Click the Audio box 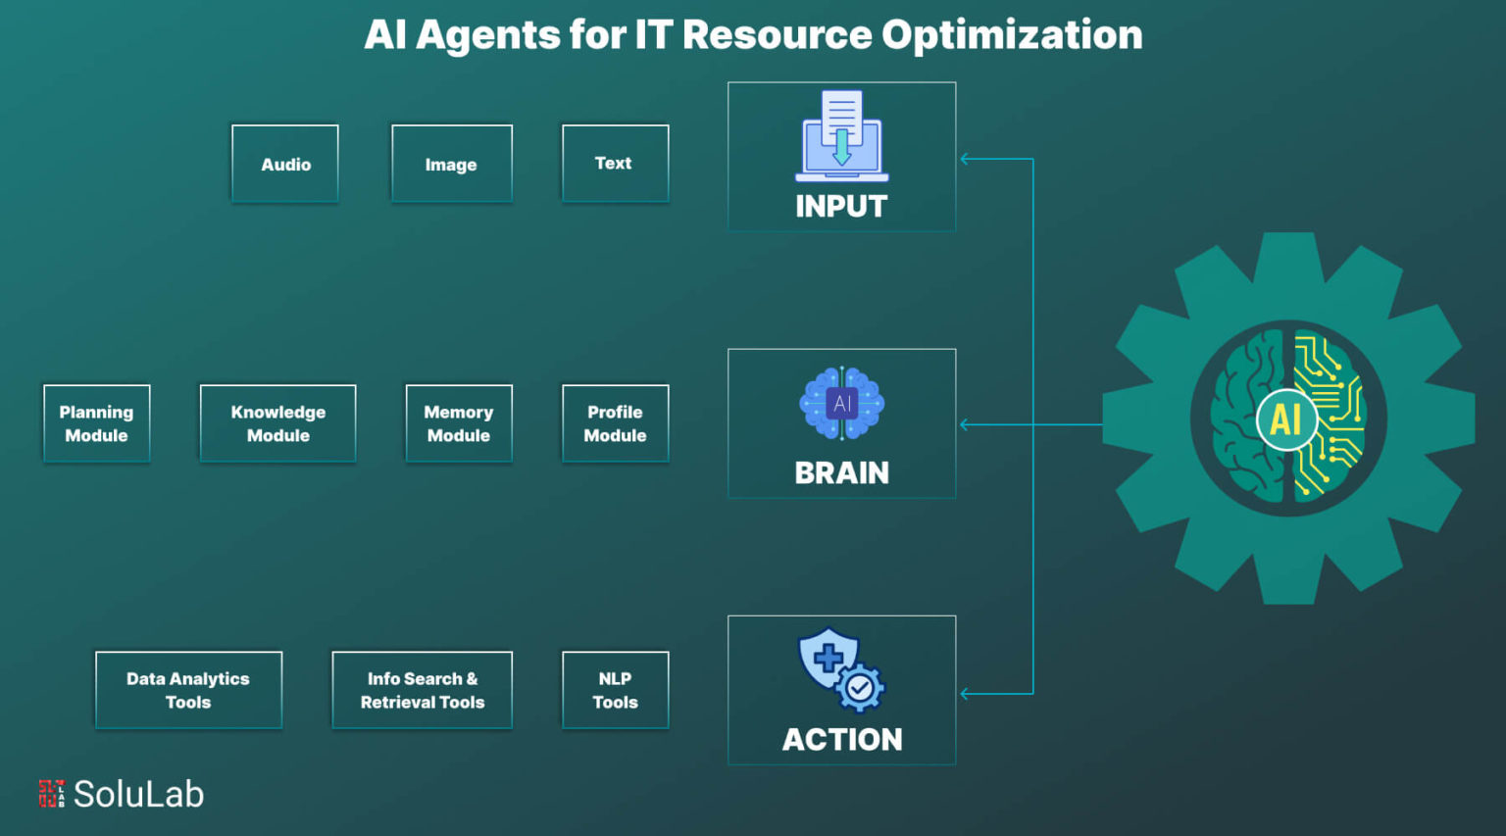pyautogui.click(x=285, y=164)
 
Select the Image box pyautogui.click(x=451, y=164)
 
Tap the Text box pyautogui.click(x=615, y=164)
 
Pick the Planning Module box pyautogui.click(x=96, y=423)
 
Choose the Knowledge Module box pyautogui.click(x=277, y=423)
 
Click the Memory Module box pyautogui.click(x=459, y=423)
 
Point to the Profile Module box pyautogui.click(x=615, y=423)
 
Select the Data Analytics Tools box pyautogui.click(x=188, y=690)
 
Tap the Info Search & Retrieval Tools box pyautogui.click(x=422, y=690)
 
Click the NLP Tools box pyautogui.click(x=615, y=690)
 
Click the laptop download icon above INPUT pyautogui.click(x=841, y=136)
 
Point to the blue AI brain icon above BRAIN pyautogui.click(x=841, y=403)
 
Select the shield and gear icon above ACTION pyautogui.click(x=841, y=669)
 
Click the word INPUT pyautogui.click(x=841, y=207)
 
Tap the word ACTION pyautogui.click(x=842, y=740)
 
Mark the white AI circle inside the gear pyautogui.click(x=1286, y=419)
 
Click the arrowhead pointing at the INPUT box pyautogui.click(x=966, y=159)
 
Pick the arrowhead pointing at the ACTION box pyautogui.click(x=966, y=694)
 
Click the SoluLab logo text pyautogui.click(x=138, y=794)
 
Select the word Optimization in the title pyautogui.click(x=1012, y=35)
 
